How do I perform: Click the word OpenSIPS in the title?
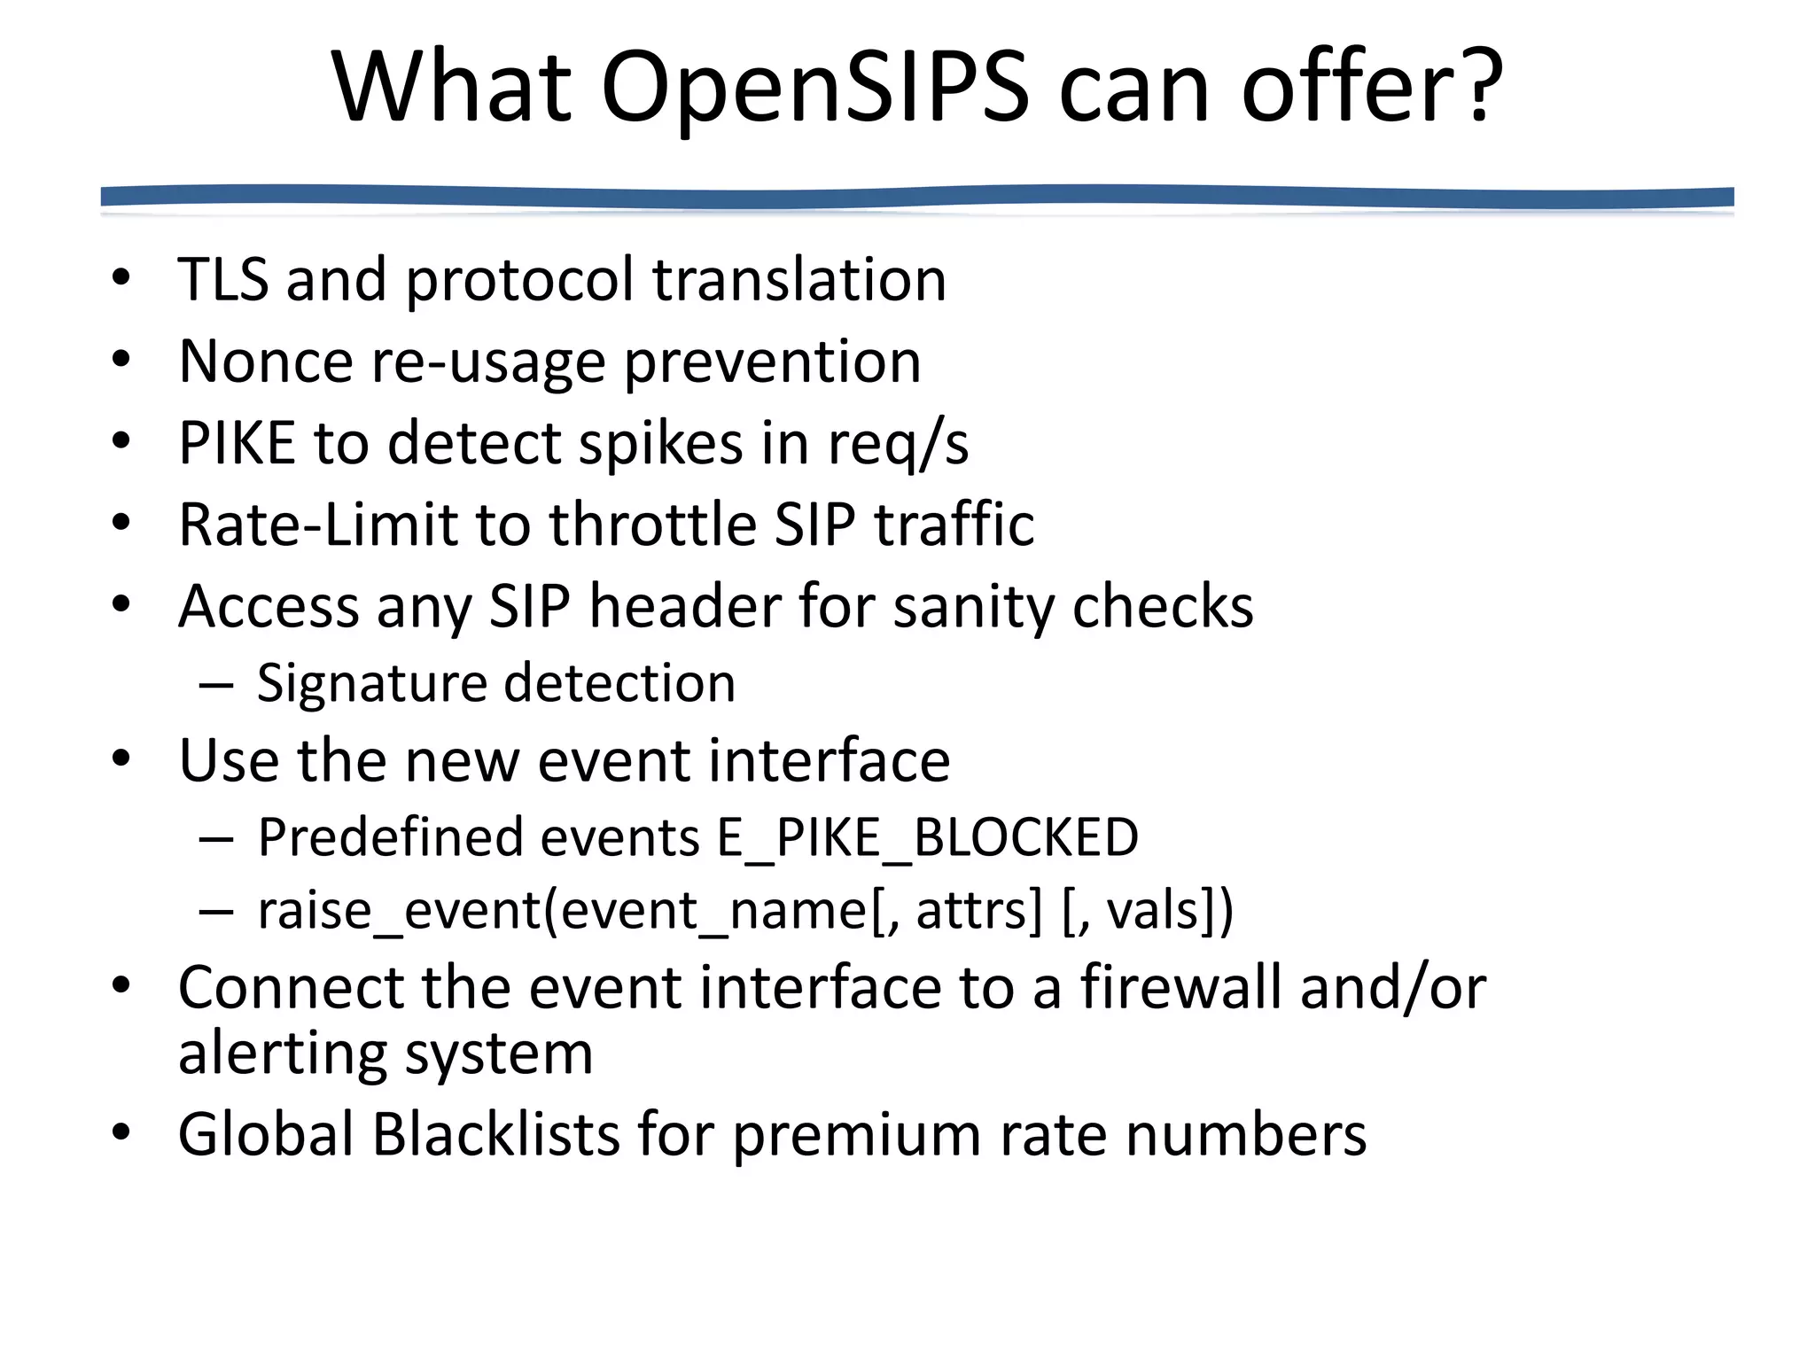pyautogui.click(x=815, y=87)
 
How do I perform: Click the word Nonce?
pyautogui.click(x=265, y=362)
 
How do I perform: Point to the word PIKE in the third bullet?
pyautogui.click(x=237, y=443)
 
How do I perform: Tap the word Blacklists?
pyautogui.click(x=495, y=1134)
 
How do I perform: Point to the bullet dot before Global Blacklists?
pyautogui.click(x=121, y=1132)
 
